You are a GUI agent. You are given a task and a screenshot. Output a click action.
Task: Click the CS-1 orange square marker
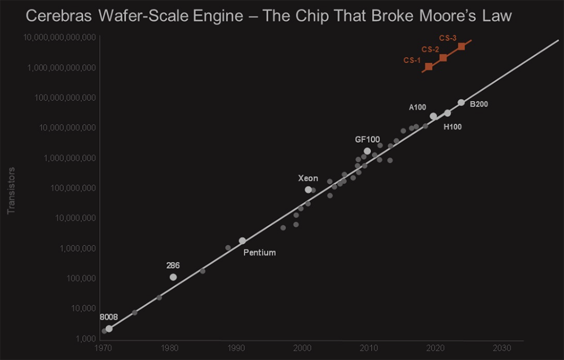429,67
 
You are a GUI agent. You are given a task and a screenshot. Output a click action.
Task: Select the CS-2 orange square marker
443,58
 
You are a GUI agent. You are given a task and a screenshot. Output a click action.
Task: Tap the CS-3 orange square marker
461,46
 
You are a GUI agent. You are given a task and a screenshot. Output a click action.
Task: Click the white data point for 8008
109,328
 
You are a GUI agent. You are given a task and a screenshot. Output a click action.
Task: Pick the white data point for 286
173,277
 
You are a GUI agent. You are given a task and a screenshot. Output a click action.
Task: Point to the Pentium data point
243,240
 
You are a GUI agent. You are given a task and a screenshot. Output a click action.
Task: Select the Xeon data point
309,190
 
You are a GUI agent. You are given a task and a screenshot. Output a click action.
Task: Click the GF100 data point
367,151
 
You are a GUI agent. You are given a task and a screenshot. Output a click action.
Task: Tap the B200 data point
461,103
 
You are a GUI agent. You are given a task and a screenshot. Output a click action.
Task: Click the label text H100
452,127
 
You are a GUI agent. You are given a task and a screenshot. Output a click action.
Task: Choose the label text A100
417,107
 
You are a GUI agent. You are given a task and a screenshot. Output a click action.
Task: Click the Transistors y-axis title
10,190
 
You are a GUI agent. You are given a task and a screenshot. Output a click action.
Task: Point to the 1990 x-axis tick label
236,346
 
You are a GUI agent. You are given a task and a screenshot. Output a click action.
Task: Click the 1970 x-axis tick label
103,346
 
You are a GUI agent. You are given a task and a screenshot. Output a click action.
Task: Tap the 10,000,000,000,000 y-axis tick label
60,37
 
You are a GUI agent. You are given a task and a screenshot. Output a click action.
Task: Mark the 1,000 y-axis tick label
86,339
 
